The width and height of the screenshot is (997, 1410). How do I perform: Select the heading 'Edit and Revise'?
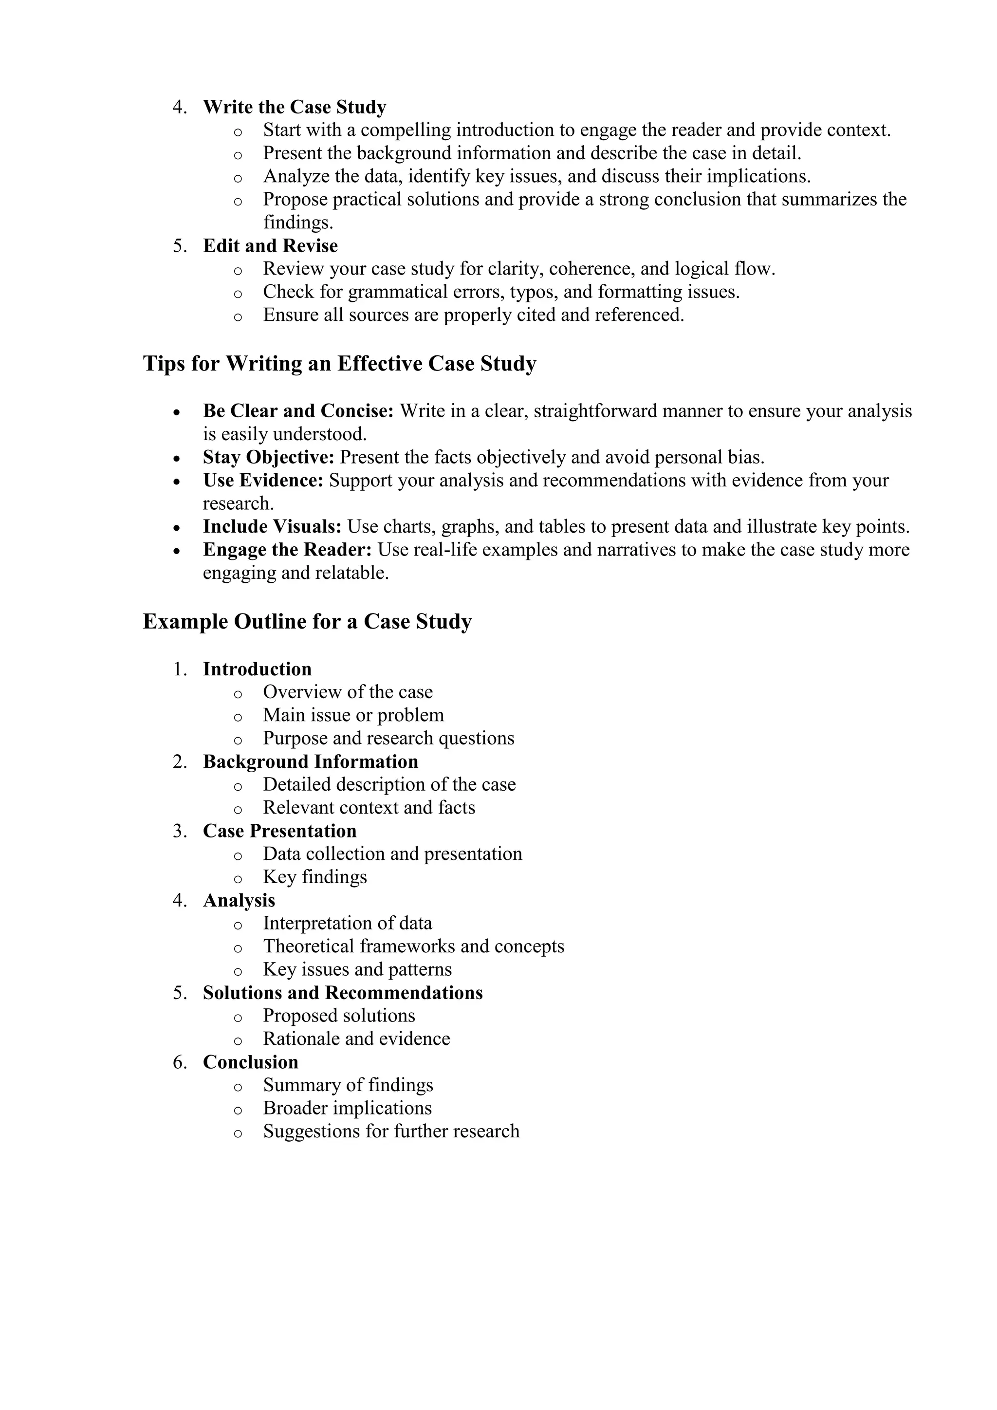pos(270,246)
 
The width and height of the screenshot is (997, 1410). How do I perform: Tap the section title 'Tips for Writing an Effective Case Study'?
pos(339,364)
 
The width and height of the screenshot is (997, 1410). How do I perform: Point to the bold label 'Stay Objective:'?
pos(268,458)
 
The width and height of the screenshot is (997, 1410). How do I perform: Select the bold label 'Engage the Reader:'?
pos(287,550)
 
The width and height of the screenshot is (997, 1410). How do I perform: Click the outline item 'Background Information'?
pos(310,761)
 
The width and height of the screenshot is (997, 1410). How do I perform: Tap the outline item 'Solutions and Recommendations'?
pos(343,993)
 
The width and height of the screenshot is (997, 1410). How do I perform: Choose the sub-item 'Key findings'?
pos(315,877)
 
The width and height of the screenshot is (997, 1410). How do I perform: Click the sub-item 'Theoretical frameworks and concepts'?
pos(413,946)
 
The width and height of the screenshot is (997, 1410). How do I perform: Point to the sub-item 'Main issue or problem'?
pos(353,715)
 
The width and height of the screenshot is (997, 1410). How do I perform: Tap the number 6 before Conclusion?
pos(178,1062)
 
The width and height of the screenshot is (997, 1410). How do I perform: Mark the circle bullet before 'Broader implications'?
pos(238,1110)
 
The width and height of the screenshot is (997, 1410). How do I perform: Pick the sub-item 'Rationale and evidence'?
pos(356,1039)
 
